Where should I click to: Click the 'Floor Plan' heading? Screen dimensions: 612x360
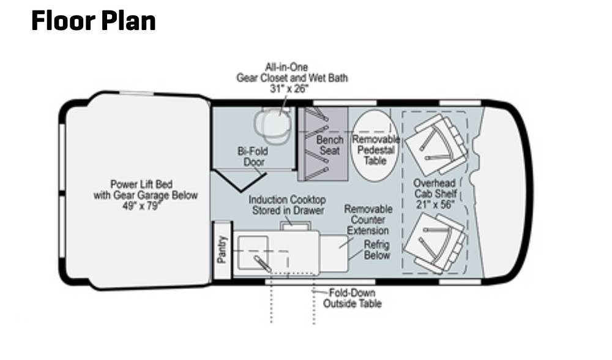tap(93, 21)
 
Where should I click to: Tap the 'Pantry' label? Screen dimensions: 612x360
tap(222, 250)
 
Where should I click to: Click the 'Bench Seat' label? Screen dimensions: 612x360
tap(330, 145)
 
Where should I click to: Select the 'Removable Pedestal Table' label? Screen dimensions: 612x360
tap(376, 150)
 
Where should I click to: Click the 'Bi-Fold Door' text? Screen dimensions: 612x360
tap(253, 157)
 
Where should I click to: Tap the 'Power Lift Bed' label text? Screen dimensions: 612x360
tap(141, 184)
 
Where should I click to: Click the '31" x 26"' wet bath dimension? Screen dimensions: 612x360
tap(289, 89)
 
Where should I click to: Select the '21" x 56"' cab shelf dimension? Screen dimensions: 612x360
tap(435, 204)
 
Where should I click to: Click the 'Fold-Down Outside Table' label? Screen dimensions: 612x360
tap(352, 298)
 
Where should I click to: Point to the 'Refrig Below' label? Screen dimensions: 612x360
tap(376, 250)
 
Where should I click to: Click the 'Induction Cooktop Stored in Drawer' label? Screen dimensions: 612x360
tap(287, 205)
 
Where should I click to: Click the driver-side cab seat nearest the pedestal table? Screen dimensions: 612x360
tap(436, 144)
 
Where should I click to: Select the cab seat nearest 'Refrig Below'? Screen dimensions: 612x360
tap(435, 242)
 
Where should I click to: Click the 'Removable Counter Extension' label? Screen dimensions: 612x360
tap(368, 220)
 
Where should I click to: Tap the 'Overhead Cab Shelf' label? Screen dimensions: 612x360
tap(435, 188)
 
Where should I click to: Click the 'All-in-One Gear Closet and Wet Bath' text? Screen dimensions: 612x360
tap(292, 72)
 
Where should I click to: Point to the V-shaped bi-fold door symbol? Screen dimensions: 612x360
tap(239, 180)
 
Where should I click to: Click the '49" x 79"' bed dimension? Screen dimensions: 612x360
tap(141, 206)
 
